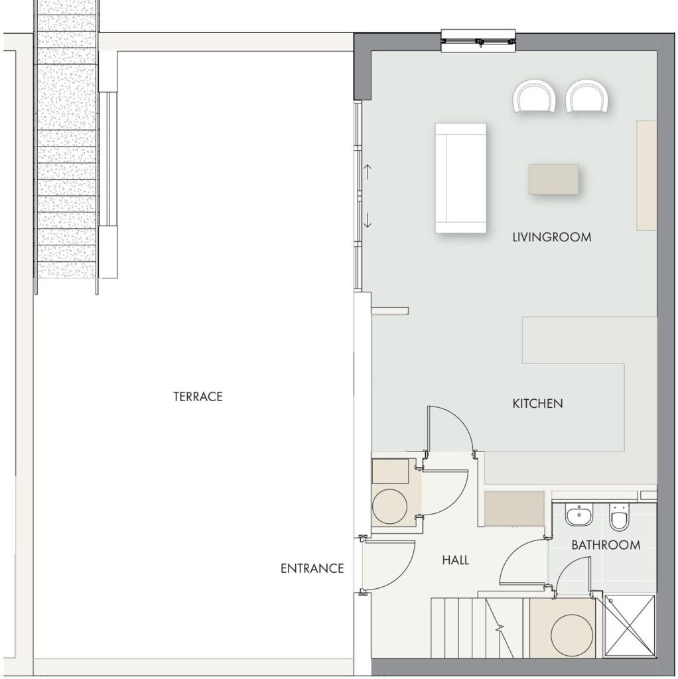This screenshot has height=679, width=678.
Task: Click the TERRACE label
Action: tap(198, 397)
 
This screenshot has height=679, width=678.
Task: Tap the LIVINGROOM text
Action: tap(551, 237)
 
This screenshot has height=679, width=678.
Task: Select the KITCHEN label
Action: tap(537, 404)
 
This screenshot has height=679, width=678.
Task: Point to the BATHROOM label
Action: tap(606, 545)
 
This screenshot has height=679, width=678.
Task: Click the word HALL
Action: tap(455, 560)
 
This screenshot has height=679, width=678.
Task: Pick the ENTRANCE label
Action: tap(312, 568)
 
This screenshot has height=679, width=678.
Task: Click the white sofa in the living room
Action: tap(460, 178)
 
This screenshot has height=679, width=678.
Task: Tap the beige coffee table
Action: tap(554, 179)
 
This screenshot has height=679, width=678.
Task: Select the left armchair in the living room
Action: tap(535, 96)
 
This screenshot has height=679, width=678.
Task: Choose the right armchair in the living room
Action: tap(588, 96)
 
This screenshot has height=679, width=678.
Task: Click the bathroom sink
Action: tap(578, 515)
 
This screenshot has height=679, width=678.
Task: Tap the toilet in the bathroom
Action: tap(618, 517)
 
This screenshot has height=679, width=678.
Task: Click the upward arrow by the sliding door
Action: tap(368, 172)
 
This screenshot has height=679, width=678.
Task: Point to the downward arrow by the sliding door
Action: tap(368, 220)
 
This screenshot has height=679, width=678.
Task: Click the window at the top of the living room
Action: tap(478, 41)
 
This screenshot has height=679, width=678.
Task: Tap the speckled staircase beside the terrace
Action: tap(66, 147)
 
